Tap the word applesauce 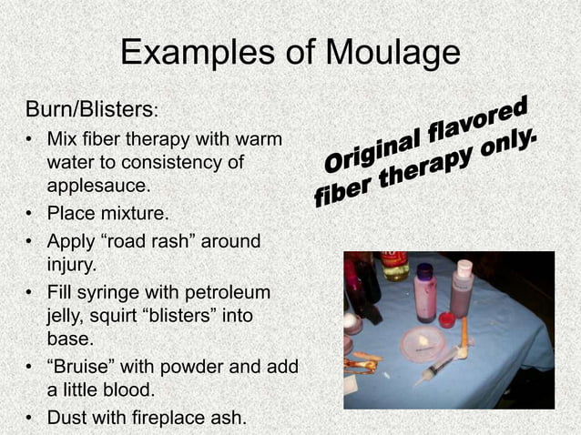(x=97, y=185)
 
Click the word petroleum (x=236, y=293)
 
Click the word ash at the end (x=229, y=418)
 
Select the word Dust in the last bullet (x=65, y=418)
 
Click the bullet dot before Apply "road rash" (x=29, y=243)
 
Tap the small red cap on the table (x=447, y=319)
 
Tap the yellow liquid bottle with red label (x=395, y=265)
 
